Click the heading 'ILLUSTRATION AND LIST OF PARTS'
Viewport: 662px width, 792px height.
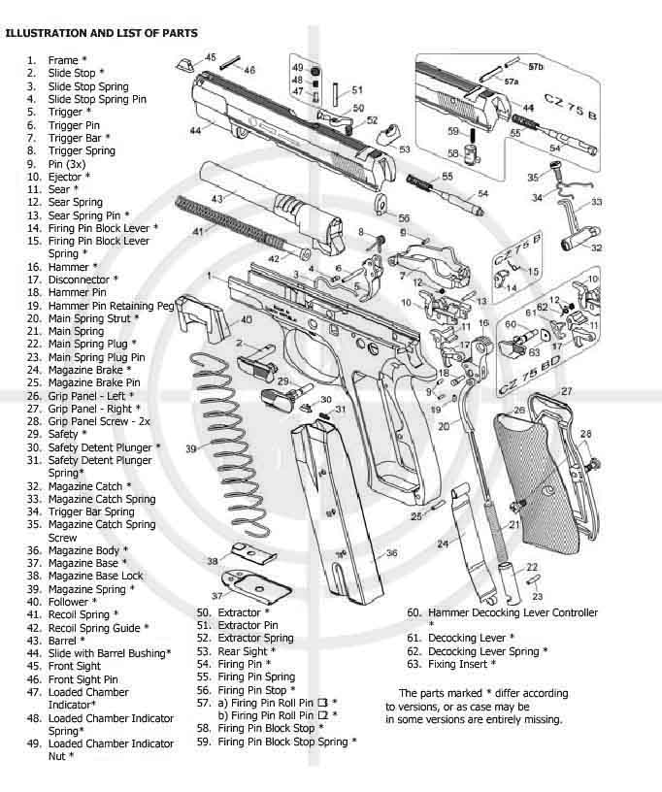tap(102, 33)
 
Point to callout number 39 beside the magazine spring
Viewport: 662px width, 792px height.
tap(191, 449)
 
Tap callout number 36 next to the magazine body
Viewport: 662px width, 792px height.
tap(391, 553)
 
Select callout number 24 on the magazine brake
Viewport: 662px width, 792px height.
tap(443, 544)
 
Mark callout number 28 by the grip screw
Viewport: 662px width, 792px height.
tap(584, 433)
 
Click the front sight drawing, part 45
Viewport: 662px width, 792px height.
tap(184, 64)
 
